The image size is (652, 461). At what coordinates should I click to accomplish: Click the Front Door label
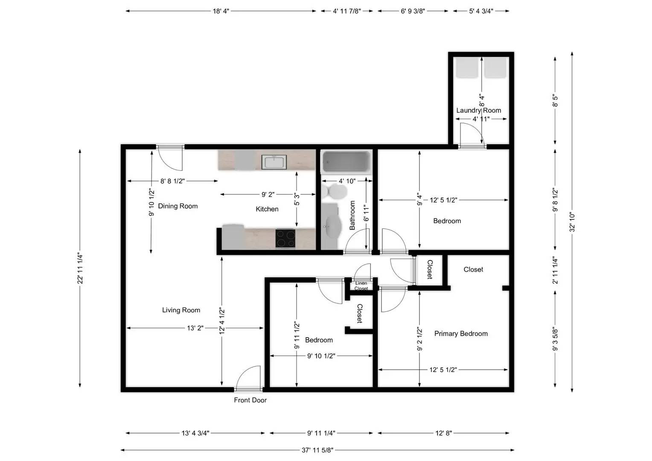(250, 400)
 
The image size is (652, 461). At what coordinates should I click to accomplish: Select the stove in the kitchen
(285, 239)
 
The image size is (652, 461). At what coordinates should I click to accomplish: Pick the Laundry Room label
(478, 110)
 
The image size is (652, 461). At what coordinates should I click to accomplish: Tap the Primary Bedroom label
(461, 333)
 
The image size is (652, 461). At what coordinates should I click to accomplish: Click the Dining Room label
(178, 206)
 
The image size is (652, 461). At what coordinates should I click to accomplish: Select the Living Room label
(181, 310)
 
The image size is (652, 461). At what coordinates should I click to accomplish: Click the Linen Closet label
(361, 286)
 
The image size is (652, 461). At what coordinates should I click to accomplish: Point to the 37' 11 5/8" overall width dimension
(317, 449)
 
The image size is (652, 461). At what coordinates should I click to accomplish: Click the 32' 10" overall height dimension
(572, 222)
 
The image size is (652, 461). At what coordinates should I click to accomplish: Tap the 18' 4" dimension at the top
(221, 11)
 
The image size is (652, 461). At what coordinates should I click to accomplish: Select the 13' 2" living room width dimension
(195, 328)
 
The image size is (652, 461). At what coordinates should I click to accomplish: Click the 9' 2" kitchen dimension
(268, 194)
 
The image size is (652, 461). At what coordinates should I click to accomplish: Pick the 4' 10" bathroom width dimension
(347, 181)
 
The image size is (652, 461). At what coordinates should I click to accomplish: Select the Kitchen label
(267, 209)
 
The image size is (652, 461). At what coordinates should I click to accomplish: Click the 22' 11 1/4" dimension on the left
(80, 268)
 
